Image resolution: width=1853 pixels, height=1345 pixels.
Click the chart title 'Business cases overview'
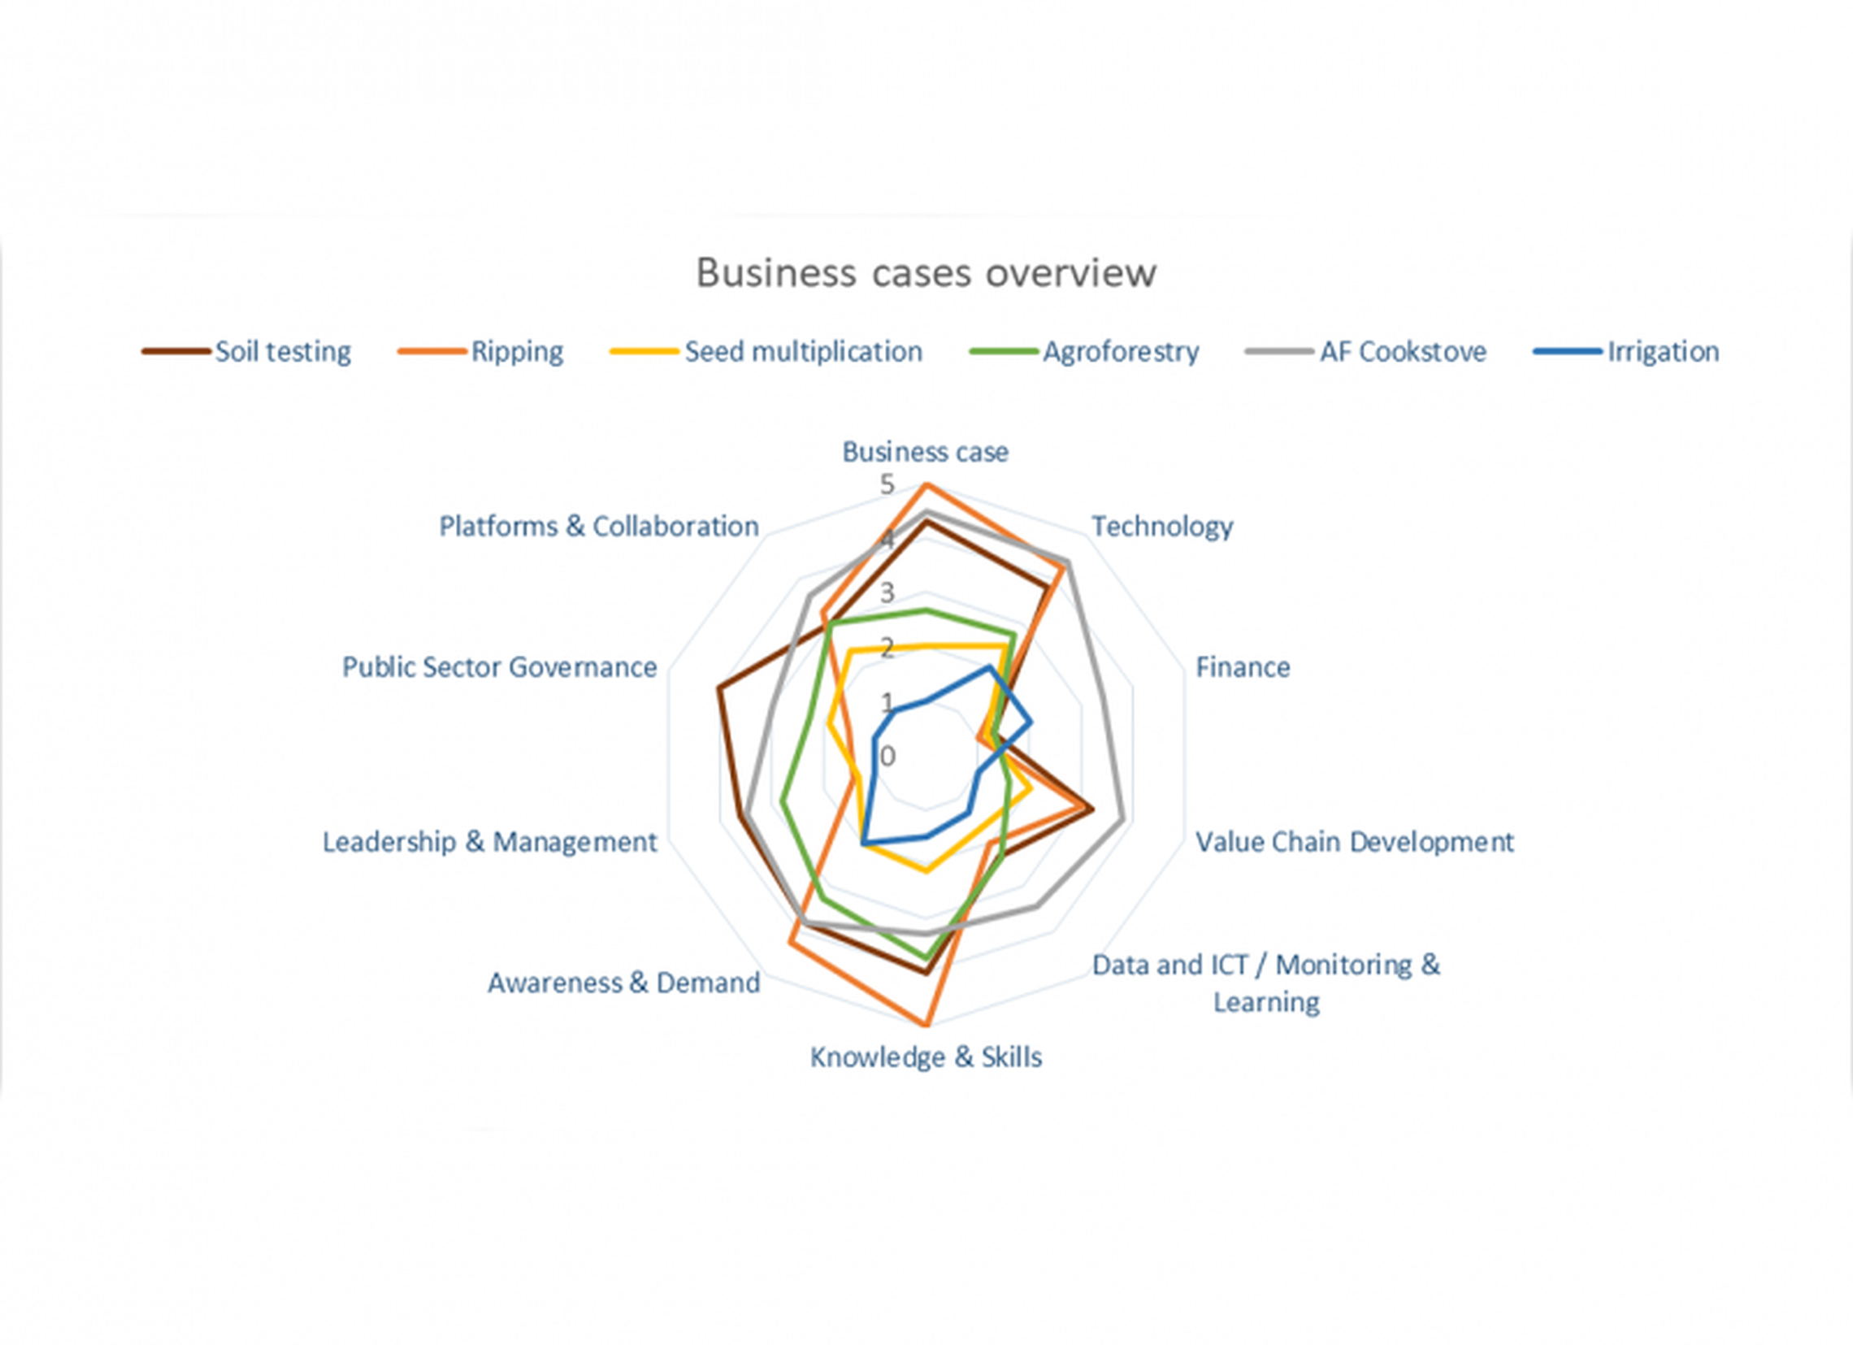point(926,273)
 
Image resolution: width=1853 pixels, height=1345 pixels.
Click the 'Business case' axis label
point(926,452)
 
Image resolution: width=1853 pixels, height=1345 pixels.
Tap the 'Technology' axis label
point(1162,527)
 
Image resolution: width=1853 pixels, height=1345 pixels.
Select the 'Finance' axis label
point(1243,667)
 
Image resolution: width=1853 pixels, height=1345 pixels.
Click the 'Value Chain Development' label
point(1355,843)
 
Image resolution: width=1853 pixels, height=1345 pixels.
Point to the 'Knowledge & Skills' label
point(926,1057)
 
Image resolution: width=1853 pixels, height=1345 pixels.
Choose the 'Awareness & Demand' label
point(623,983)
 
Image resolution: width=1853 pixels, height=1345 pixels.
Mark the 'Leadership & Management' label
point(489,843)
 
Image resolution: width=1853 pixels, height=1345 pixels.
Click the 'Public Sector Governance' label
point(499,667)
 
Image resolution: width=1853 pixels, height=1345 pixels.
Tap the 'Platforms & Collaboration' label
point(599,527)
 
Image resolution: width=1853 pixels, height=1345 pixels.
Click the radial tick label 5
point(887,485)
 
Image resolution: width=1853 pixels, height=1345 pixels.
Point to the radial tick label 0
point(888,757)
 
